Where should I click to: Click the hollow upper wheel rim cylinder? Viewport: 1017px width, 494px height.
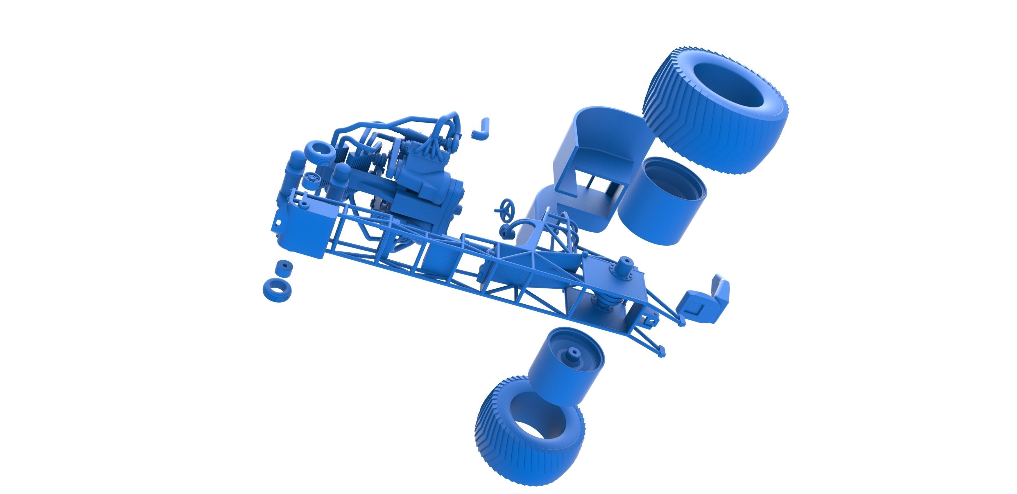coord(661,201)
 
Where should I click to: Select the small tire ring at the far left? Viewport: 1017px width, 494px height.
coord(275,290)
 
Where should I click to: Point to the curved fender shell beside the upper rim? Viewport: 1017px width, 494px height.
coord(592,150)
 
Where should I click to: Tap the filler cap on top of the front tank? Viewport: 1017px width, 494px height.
coord(304,204)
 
